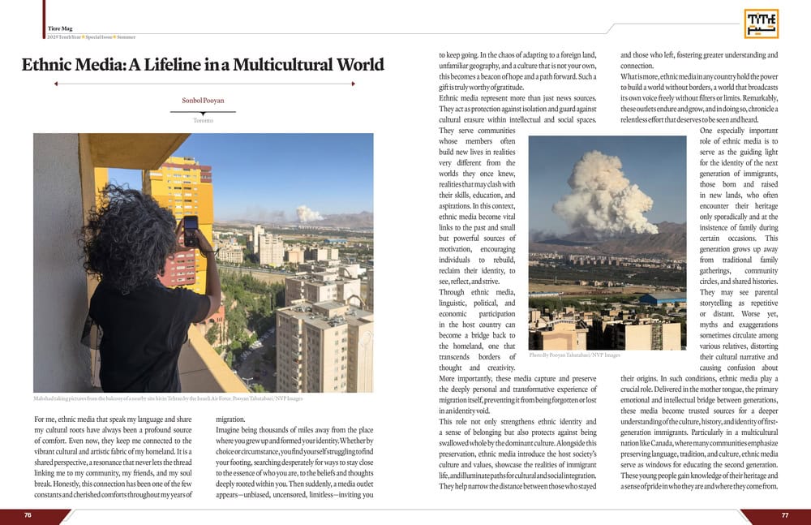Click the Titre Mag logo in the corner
coord(761,24)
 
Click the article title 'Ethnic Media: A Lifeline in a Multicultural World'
coord(203,65)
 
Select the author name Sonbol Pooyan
coord(204,101)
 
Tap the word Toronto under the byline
coord(204,120)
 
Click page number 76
coord(28,515)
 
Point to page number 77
coord(784,515)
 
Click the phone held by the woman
coord(191,230)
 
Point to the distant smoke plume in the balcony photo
coord(308,213)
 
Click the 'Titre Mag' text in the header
coord(61,28)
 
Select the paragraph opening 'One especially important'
coord(738,131)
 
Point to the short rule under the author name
coord(204,112)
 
